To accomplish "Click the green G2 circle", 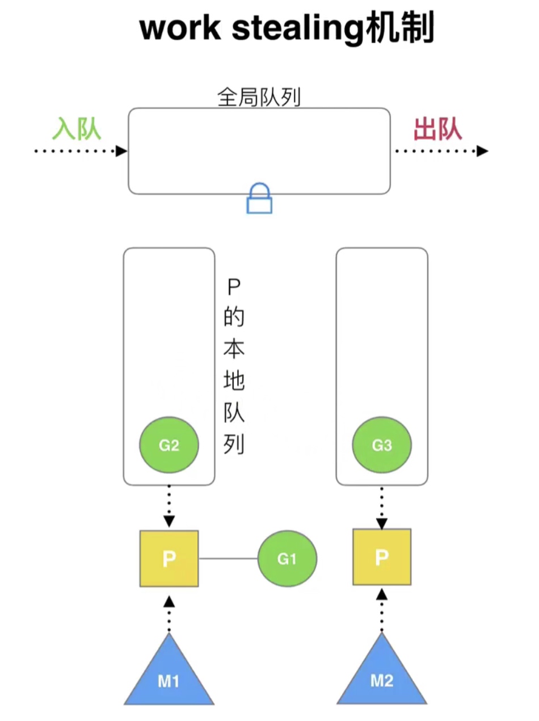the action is coord(169,445).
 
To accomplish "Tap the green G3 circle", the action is coord(382,445).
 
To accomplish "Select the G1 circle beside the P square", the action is coord(287,559).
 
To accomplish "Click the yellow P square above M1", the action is coord(169,559).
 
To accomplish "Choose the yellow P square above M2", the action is coord(382,557).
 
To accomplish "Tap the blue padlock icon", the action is coord(259,198).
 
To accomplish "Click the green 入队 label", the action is coord(77,129).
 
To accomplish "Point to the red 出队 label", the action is coord(438,129).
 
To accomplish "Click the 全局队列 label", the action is coord(259,97).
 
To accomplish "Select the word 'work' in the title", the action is coord(180,29).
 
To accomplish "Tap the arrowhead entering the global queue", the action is coord(121,151).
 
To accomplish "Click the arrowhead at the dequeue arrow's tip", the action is coord(482,151).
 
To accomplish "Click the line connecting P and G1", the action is coord(228,559).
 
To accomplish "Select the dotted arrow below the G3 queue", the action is coord(382,507).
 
